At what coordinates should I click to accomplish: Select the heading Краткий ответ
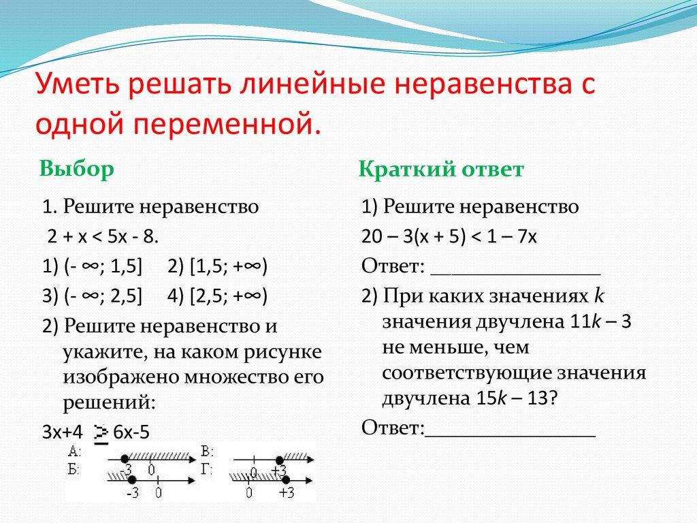point(441,170)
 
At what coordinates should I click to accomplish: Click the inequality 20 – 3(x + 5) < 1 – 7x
point(450,236)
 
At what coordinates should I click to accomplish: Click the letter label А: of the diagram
point(75,452)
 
